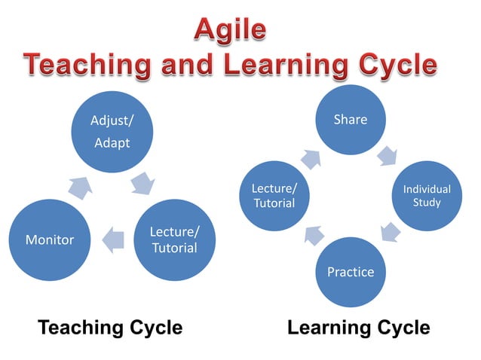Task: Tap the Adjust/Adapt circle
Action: [112, 133]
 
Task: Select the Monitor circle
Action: [50, 240]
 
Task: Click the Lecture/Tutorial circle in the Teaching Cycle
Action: [174, 240]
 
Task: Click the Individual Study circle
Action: [426, 196]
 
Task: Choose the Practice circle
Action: [350, 271]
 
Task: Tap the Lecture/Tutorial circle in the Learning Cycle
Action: [274, 196]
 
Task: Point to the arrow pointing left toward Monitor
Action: [112, 239]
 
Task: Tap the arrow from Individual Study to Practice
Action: [389, 233]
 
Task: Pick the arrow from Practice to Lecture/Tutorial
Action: [313, 234]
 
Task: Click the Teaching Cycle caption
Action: [110, 328]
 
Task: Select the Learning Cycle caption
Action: [359, 328]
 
